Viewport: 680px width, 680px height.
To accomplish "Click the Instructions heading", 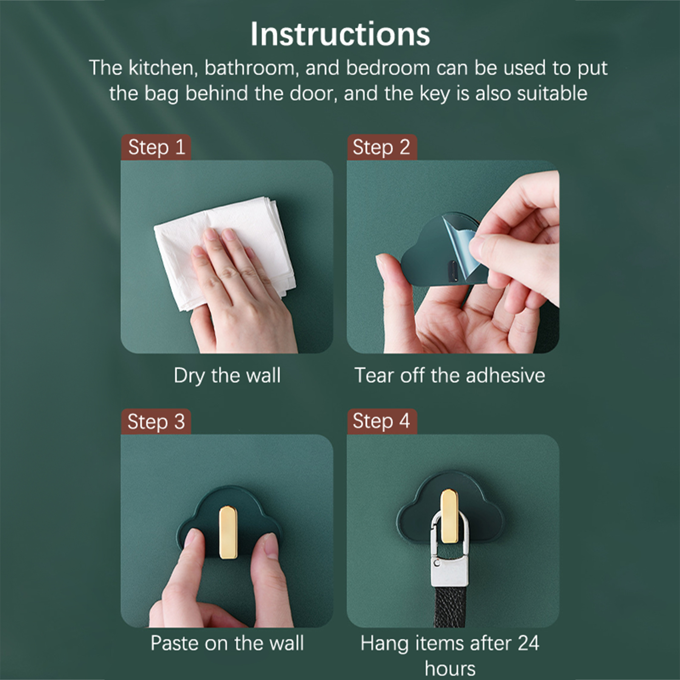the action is [x=340, y=34].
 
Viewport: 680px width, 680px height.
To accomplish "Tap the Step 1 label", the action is [x=156, y=147].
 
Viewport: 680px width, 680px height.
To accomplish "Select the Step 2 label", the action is [x=382, y=147].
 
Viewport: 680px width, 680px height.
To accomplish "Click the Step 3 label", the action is [x=156, y=422].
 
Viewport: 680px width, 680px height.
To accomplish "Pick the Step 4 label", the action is [x=382, y=422].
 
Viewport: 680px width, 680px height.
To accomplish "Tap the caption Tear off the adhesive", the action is [x=450, y=376].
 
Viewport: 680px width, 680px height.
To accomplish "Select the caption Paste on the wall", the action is [x=227, y=643].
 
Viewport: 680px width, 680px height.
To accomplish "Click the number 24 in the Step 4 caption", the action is [x=528, y=643].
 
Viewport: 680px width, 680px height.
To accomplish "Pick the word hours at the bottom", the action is [x=450, y=669].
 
